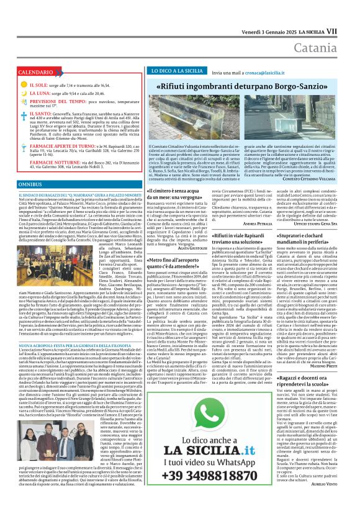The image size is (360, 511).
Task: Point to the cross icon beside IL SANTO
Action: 24,115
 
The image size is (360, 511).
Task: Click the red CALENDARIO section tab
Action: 35,73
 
